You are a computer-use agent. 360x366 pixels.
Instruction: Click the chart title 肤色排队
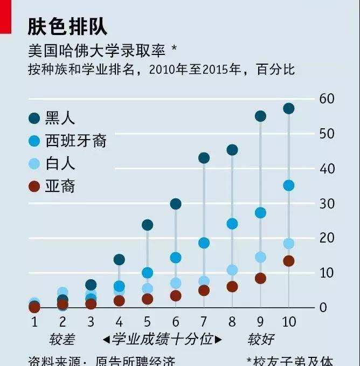click(67, 26)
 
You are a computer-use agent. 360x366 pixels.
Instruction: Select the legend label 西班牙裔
click(77, 141)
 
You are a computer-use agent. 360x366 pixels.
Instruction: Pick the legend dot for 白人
click(34, 163)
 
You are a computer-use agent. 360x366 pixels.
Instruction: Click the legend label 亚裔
click(60, 187)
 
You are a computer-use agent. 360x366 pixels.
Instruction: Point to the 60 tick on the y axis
click(327, 99)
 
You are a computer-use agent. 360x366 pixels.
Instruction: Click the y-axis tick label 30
click(327, 203)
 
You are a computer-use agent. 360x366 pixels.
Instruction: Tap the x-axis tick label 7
click(204, 322)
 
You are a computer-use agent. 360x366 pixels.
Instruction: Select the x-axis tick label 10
click(288, 322)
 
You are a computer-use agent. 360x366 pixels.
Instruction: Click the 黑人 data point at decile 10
click(288, 108)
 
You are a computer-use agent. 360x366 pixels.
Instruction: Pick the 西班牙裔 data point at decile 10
click(288, 185)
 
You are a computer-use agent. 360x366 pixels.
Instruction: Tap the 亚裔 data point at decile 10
click(288, 261)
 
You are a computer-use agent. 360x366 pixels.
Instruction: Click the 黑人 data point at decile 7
click(204, 158)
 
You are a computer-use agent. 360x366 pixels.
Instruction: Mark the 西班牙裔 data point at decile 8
click(232, 224)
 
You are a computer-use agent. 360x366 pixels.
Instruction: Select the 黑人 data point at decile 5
click(147, 225)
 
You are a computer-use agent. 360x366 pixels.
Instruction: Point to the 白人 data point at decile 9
click(260, 257)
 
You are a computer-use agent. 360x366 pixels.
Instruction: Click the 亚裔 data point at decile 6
click(176, 296)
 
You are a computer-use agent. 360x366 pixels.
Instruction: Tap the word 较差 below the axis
click(62, 340)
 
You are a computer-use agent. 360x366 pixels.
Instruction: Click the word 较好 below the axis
click(261, 340)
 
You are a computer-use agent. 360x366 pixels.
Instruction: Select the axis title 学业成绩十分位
click(162, 340)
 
